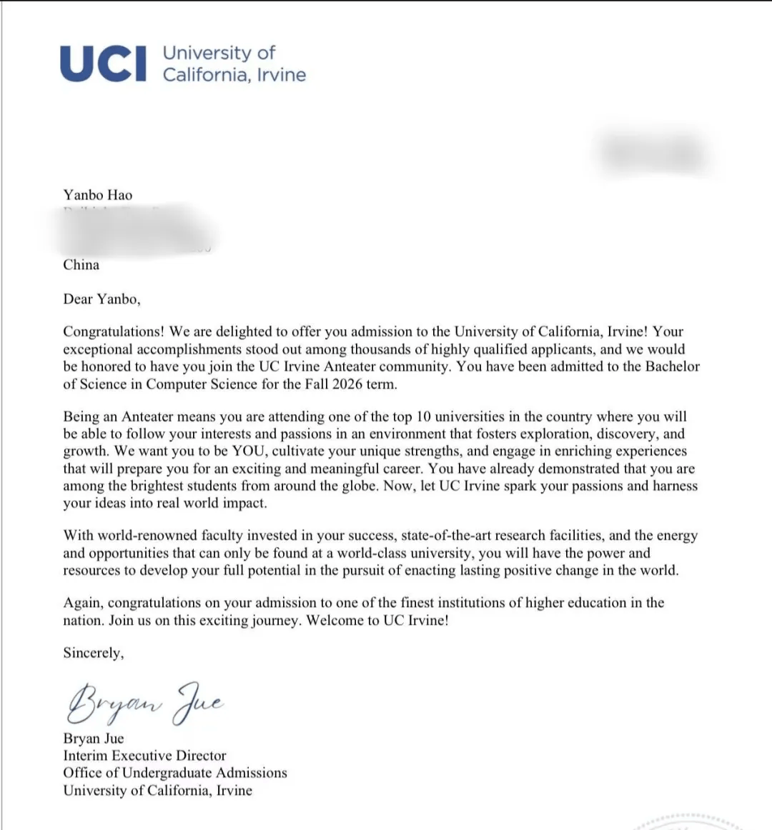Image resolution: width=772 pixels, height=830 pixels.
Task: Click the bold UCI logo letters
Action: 104,63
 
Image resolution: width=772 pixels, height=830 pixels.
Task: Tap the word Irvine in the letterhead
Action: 280,75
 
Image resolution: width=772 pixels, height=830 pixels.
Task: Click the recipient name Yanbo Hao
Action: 98,195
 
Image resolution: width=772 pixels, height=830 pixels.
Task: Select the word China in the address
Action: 81,265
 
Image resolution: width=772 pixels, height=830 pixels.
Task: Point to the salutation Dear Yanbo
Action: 102,299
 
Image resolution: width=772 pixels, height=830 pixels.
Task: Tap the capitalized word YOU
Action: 248,451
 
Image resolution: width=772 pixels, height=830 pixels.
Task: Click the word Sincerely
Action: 93,653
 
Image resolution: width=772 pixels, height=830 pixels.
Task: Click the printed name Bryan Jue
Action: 94,739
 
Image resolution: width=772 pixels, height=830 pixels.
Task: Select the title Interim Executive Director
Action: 144,756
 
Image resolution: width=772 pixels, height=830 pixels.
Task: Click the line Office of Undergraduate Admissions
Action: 175,773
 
